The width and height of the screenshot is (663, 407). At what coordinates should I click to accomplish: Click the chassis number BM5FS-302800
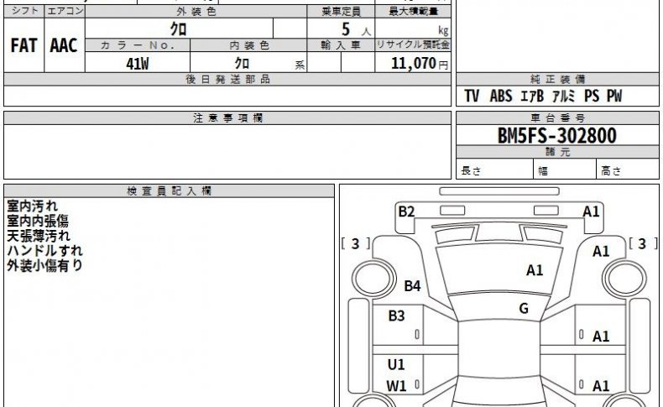click(x=557, y=136)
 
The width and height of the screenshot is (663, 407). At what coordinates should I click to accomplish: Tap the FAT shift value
click(x=23, y=45)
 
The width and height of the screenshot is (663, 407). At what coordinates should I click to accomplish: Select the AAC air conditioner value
click(x=64, y=45)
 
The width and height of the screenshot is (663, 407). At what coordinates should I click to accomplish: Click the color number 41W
click(x=138, y=64)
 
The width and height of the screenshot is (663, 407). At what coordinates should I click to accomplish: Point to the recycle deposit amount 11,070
click(x=414, y=64)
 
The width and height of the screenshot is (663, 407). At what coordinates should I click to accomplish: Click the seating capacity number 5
click(x=346, y=29)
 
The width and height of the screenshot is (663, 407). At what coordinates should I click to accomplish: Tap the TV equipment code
click(x=472, y=96)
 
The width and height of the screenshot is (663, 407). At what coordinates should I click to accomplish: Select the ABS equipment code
click(x=501, y=96)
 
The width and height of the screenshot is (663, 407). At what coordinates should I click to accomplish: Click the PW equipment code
click(x=614, y=96)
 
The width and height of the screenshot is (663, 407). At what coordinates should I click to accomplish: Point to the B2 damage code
click(x=406, y=211)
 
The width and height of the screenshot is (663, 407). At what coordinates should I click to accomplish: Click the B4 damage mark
click(x=412, y=286)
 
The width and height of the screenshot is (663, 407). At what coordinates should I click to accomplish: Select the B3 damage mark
click(x=397, y=316)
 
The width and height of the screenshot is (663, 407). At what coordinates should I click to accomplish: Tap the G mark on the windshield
click(x=524, y=308)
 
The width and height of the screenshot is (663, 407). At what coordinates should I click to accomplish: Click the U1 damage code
click(x=396, y=364)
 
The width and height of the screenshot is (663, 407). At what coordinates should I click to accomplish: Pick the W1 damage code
click(x=396, y=386)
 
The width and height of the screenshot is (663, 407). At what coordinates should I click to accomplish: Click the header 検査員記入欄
click(x=170, y=191)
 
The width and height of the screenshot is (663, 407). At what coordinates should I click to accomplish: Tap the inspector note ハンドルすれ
click(x=44, y=251)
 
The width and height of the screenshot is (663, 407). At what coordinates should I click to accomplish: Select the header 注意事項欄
click(x=228, y=118)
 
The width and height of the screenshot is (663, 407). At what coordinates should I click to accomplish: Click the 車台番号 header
click(x=557, y=118)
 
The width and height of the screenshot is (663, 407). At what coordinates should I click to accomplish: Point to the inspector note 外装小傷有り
click(x=44, y=265)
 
